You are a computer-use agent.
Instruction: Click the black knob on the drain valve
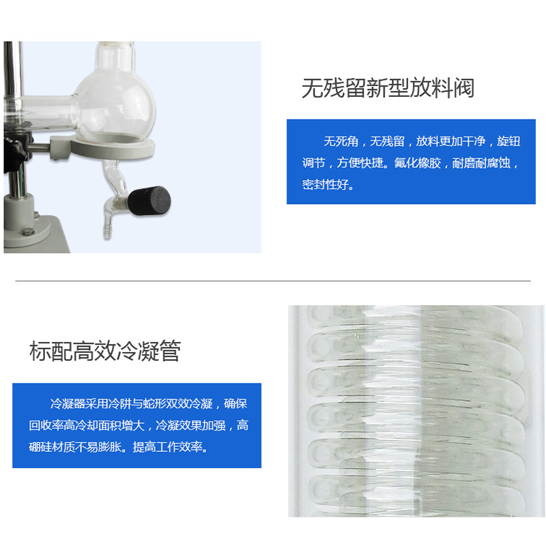tap(149, 201)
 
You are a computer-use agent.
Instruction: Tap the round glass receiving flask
tap(115, 108)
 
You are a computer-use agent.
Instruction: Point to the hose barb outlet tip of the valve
tap(107, 232)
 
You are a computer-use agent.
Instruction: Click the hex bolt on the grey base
tap(28, 231)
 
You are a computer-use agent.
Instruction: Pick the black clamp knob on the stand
tap(13, 153)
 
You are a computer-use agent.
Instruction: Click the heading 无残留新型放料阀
tap(388, 88)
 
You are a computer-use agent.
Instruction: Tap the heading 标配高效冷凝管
tap(105, 351)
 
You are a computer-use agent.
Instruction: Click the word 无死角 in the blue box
tap(341, 141)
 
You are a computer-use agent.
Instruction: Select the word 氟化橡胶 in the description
tap(418, 163)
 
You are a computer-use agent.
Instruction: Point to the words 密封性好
tap(325, 184)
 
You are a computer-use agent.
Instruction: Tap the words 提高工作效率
tap(167, 447)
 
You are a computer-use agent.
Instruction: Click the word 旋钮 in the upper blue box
tap(508, 141)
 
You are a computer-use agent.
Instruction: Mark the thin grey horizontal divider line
tap(273, 281)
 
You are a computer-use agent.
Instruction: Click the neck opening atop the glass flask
tap(115, 44)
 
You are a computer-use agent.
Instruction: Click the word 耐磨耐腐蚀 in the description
tap(481, 163)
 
